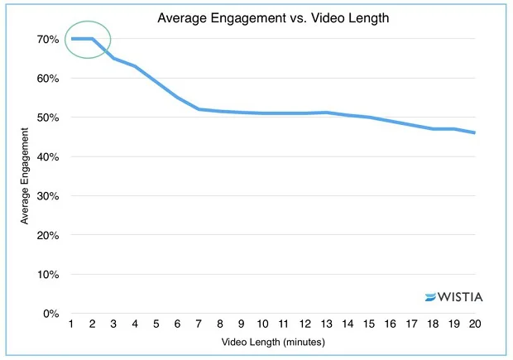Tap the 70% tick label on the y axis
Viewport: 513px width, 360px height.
coord(47,39)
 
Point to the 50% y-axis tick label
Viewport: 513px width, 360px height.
coord(47,118)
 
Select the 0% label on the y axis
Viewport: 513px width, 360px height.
coord(50,314)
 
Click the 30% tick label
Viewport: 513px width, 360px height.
coord(47,196)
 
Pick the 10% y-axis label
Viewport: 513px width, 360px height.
coord(47,275)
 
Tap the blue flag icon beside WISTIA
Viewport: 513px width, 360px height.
coord(431,297)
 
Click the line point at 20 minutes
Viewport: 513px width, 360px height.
coord(474,132)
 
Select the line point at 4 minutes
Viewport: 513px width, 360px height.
coord(134,66)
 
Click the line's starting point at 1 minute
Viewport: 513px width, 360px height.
coord(71,39)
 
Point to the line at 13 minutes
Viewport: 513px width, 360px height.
coord(325,113)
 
